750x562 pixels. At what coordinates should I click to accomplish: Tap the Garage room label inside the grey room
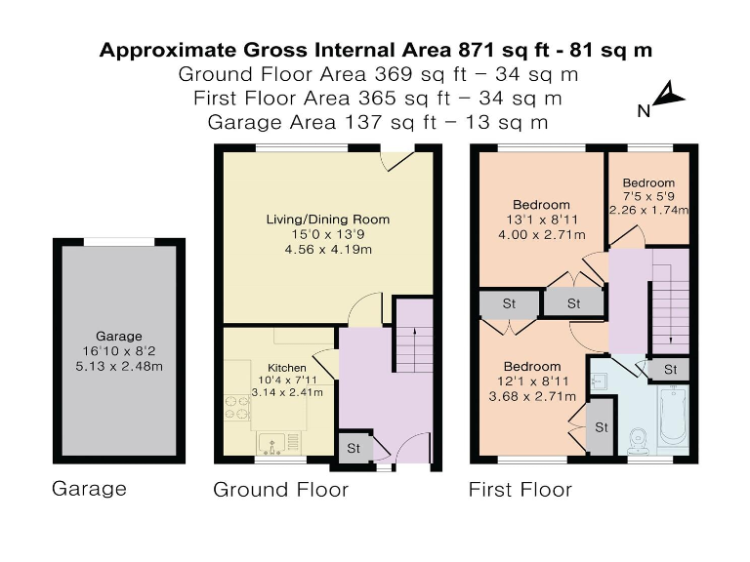click(x=118, y=336)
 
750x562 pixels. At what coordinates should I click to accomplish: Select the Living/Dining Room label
click(x=328, y=220)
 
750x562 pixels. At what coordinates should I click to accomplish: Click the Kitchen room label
click(x=287, y=368)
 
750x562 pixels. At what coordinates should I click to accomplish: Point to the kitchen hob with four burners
click(x=237, y=407)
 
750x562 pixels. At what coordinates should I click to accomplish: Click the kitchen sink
click(x=278, y=444)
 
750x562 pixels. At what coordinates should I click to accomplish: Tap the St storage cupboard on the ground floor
click(x=354, y=448)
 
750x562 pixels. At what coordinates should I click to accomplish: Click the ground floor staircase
click(x=414, y=336)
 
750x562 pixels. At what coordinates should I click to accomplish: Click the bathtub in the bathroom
click(x=674, y=415)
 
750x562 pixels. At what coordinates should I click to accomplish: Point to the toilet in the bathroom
click(x=638, y=441)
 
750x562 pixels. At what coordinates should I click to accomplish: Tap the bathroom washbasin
click(x=598, y=381)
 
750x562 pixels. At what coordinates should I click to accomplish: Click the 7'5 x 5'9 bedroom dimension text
click(x=649, y=196)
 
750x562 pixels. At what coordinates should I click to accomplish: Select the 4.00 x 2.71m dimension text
click(x=541, y=234)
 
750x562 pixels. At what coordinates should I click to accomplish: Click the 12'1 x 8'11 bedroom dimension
click(x=532, y=381)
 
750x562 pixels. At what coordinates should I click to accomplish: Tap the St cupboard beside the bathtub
click(x=671, y=370)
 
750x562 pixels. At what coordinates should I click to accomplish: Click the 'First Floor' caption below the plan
click(x=520, y=490)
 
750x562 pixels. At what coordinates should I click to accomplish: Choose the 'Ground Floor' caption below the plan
click(x=281, y=490)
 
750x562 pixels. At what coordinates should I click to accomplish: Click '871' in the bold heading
click(x=477, y=50)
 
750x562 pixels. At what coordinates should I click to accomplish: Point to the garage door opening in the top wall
click(x=119, y=242)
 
